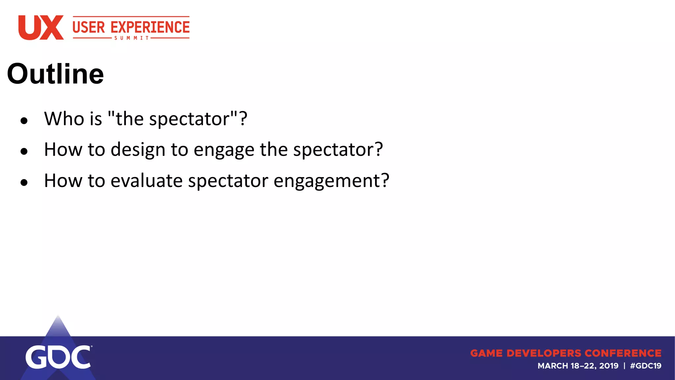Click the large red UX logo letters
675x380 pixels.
[41, 28]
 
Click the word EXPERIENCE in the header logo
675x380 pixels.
[150, 27]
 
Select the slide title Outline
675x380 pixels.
[55, 74]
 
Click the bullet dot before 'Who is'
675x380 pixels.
[24, 121]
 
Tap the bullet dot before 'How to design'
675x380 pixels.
[24, 151]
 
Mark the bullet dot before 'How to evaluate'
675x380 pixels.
[24, 182]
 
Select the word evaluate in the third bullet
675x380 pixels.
[146, 181]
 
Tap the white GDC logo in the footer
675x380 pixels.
[58, 357]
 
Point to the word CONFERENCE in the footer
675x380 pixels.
[623, 353]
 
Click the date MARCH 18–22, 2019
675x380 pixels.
[578, 366]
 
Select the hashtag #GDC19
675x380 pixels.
[645, 366]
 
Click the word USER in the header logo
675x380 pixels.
[89, 27]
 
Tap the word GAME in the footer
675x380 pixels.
[486, 353]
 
